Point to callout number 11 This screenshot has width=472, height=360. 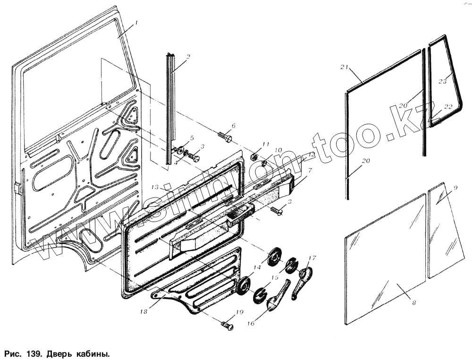point(266,144)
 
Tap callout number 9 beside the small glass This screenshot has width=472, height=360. point(455,188)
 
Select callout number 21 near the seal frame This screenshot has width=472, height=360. point(344,68)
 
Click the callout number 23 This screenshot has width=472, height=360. point(442,82)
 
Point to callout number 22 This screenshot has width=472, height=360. point(448,107)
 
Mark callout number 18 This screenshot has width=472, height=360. point(143,312)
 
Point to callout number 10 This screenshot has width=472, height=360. point(278,151)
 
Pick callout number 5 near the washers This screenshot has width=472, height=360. point(192,138)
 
